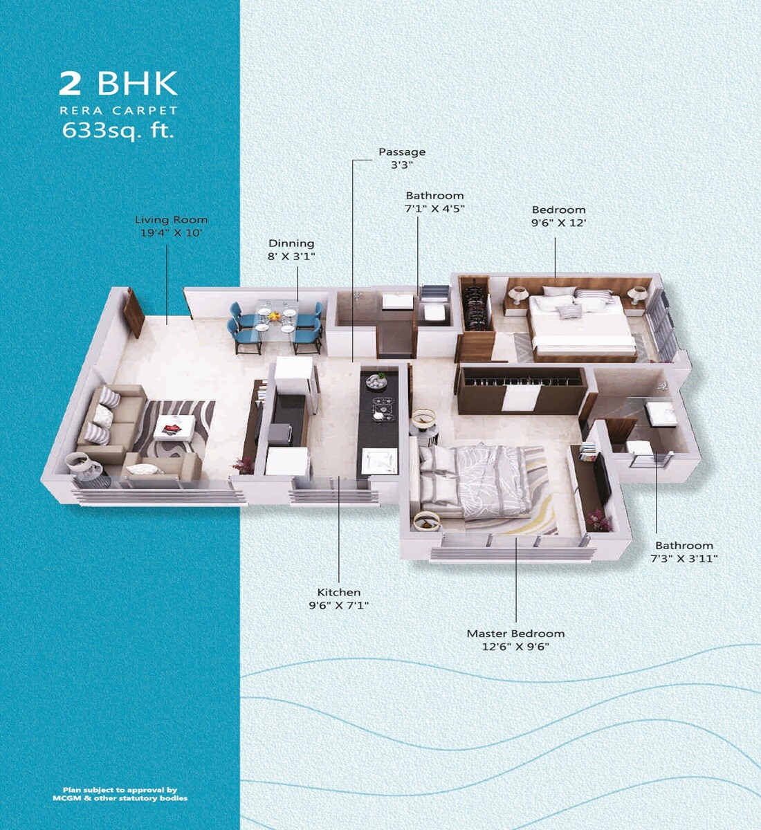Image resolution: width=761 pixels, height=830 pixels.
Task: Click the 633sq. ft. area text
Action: pyautogui.click(x=118, y=129)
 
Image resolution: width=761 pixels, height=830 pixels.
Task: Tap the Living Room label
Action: pyautogui.click(x=171, y=220)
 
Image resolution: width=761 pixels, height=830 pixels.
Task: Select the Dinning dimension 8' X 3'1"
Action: pyautogui.click(x=291, y=257)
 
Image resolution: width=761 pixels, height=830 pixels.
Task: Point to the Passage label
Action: pyautogui.click(x=402, y=152)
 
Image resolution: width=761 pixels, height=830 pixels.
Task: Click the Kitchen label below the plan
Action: pyautogui.click(x=339, y=593)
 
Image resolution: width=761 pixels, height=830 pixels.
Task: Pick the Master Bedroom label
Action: pyautogui.click(x=515, y=634)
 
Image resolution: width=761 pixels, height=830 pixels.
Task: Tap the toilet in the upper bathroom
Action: pyautogui.click(x=434, y=311)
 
